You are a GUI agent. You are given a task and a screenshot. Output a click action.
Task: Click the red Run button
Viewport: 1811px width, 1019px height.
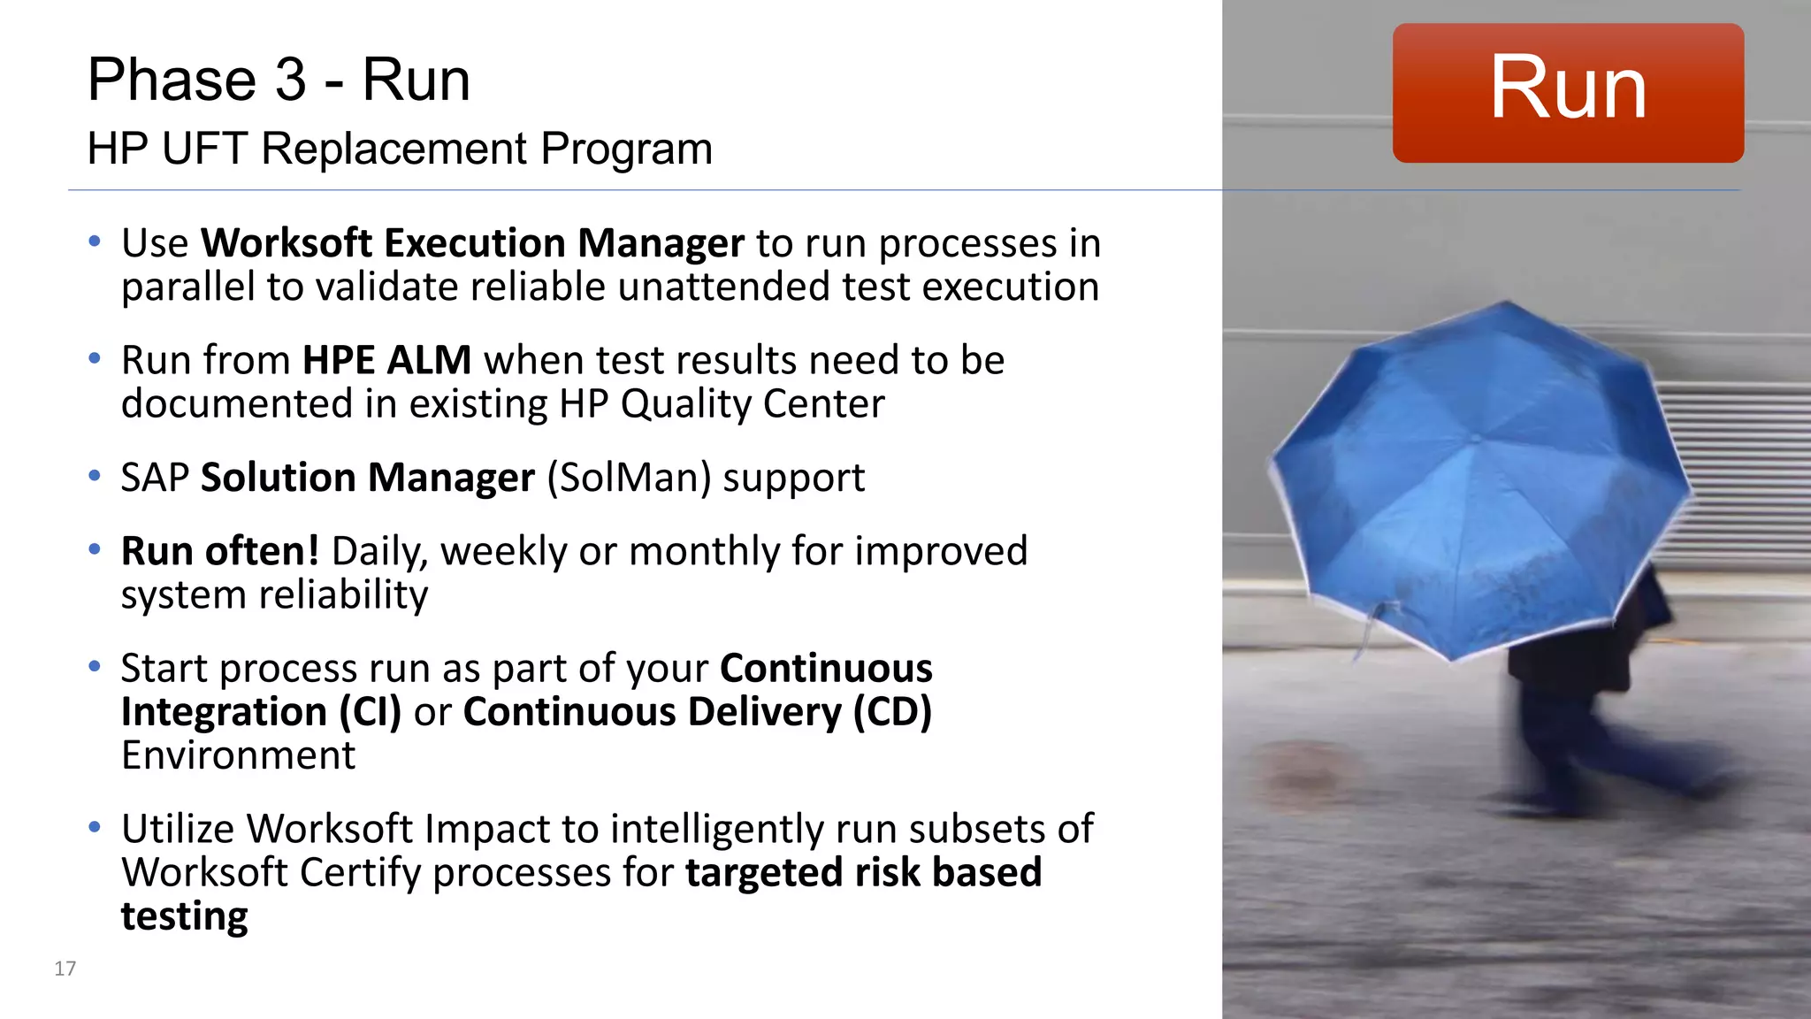tap(1567, 93)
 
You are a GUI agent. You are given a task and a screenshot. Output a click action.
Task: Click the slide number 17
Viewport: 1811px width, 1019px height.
tap(65, 968)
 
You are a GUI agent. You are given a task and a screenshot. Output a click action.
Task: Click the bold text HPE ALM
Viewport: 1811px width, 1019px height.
tap(386, 360)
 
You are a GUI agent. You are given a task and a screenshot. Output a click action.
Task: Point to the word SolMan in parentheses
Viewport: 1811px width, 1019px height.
tap(629, 478)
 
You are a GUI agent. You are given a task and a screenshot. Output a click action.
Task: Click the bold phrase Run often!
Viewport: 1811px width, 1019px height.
tap(219, 551)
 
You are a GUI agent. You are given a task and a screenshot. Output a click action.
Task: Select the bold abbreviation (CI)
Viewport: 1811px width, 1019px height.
tap(370, 712)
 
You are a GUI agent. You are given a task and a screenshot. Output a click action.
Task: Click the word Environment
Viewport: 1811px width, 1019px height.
tap(238, 755)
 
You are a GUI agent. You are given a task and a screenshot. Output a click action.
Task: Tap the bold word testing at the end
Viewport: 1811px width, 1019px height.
tap(184, 916)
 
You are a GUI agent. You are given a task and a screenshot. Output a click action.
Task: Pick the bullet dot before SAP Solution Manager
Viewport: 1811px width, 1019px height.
tap(95, 477)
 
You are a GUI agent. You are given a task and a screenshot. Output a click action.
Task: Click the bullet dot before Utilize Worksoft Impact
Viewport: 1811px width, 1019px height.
tap(95, 828)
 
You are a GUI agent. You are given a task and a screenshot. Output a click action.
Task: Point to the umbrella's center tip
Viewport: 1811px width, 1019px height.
tap(1475, 437)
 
